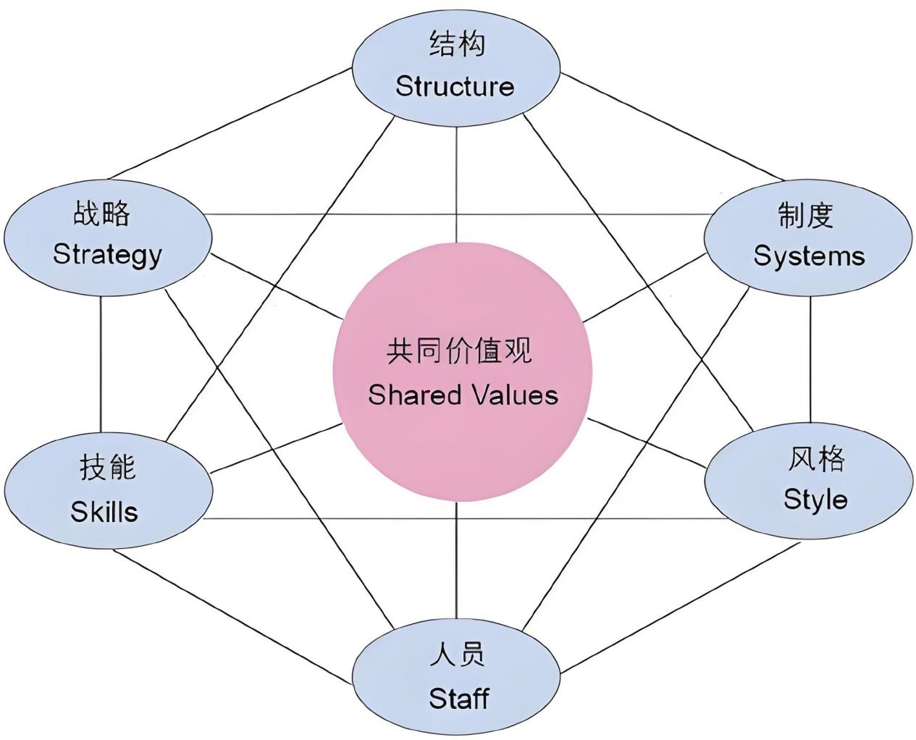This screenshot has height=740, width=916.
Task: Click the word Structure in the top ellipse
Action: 455,87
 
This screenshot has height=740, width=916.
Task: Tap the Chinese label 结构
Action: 457,44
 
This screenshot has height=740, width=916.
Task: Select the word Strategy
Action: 107,255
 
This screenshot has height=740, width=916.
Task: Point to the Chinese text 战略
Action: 102,214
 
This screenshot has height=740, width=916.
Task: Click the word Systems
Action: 809,256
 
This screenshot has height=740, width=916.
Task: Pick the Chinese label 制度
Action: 805,215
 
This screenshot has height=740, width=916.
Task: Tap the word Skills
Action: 104,512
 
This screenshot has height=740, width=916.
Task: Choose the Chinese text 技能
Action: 107,468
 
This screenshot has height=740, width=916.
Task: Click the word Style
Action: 815,500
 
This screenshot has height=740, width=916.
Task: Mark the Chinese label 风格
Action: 816,458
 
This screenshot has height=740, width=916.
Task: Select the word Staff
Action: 459,699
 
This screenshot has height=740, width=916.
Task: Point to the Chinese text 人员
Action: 457,655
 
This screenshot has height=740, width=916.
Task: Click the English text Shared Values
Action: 463,395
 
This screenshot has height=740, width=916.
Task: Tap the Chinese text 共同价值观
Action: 460,352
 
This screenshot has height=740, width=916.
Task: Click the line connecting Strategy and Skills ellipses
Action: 101,362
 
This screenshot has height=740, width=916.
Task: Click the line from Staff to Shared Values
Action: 456,558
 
